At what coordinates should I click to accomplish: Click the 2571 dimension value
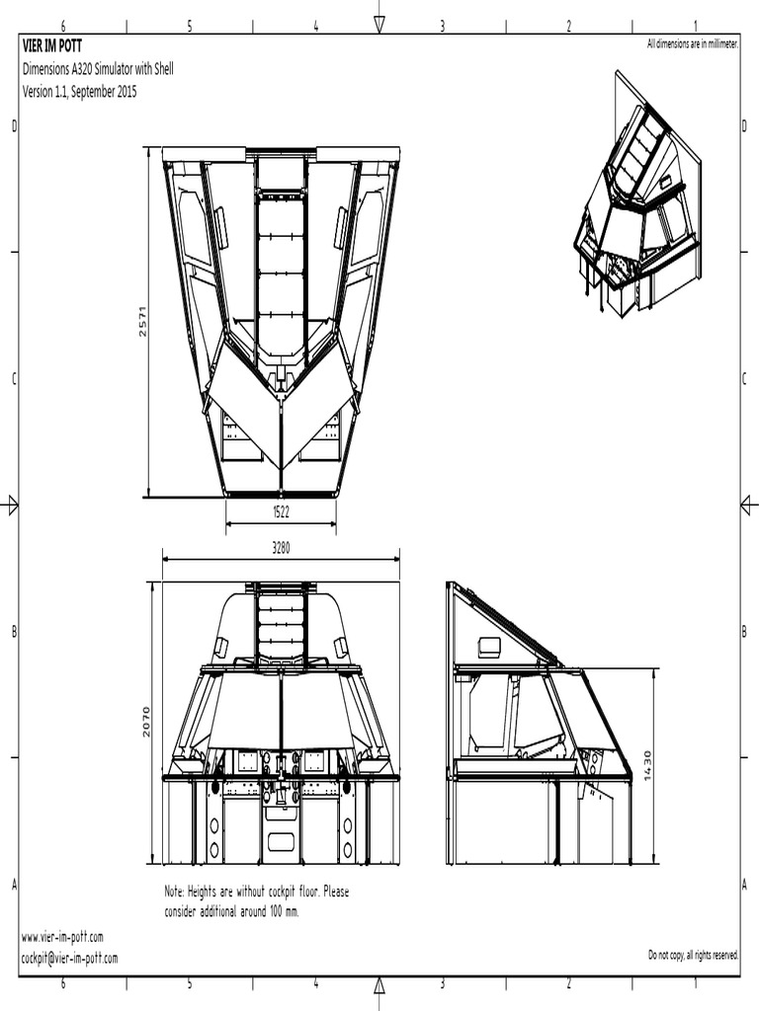pos(142,321)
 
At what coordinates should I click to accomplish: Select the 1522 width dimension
pos(281,511)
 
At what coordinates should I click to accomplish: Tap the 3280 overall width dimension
pos(281,548)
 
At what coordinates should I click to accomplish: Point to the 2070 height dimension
pos(146,722)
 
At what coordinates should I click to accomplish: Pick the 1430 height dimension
pos(648,765)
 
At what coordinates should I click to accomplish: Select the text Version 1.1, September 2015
pos(79,92)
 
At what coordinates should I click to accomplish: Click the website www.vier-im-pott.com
pos(62,937)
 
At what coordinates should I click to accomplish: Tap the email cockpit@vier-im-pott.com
pos(70,958)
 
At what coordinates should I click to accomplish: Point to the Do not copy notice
pos(693,955)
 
